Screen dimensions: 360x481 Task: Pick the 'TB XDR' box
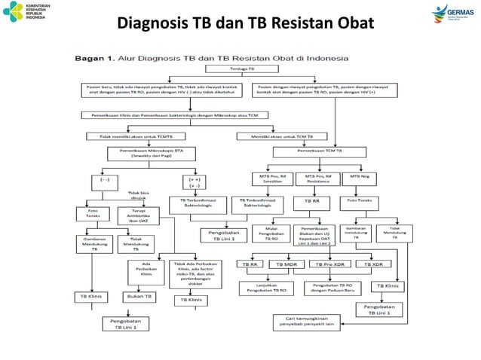378,265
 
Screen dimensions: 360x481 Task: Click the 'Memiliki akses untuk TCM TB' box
283,136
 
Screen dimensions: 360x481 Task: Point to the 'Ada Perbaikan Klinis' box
147,269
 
